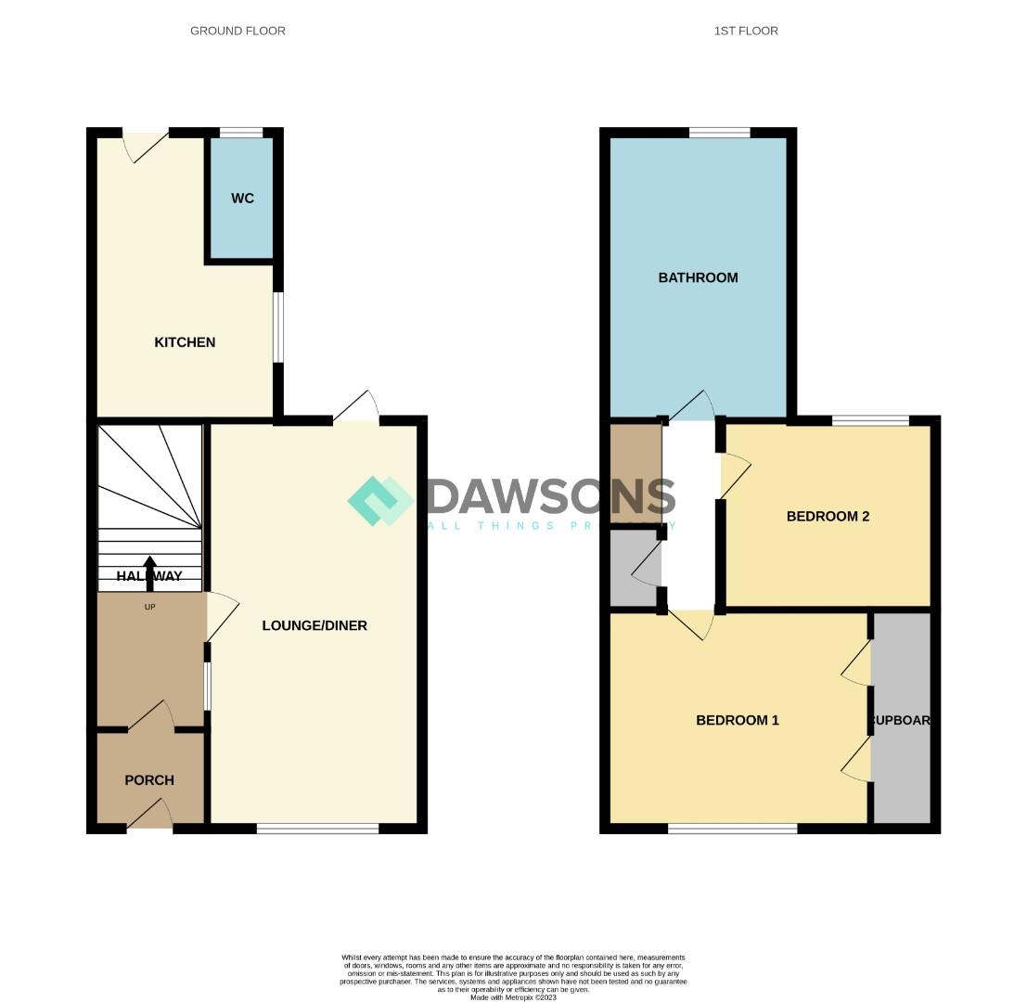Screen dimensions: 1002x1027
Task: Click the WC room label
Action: click(x=242, y=199)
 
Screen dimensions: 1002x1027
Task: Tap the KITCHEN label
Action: click(x=185, y=342)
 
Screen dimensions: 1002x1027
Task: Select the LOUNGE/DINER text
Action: click(x=315, y=625)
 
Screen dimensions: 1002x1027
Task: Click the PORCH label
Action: click(x=149, y=780)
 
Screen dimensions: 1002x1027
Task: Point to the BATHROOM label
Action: click(x=698, y=277)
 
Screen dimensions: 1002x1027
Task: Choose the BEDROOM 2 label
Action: click(x=828, y=516)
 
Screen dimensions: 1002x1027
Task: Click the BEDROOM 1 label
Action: click(x=738, y=720)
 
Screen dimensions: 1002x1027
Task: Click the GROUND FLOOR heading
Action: click(x=237, y=31)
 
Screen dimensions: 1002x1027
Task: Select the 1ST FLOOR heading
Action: click(x=746, y=31)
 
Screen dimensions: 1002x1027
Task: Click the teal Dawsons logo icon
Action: click(x=380, y=501)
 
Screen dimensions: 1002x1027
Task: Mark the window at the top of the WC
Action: click(x=241, y=133)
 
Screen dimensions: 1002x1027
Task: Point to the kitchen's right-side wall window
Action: click(x=277, y=328)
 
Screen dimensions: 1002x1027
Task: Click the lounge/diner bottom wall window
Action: click(x=317, y=829)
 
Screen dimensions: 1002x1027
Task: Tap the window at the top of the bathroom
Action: click(x=720, y=133)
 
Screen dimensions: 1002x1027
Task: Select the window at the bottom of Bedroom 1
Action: click(x=732, y=829)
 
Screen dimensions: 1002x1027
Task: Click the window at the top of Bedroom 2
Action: click(x=870, y=421)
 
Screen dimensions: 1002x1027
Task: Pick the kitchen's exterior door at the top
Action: click(x=147, y=144)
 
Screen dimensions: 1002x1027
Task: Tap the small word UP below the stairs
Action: click(x=149, y=607)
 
